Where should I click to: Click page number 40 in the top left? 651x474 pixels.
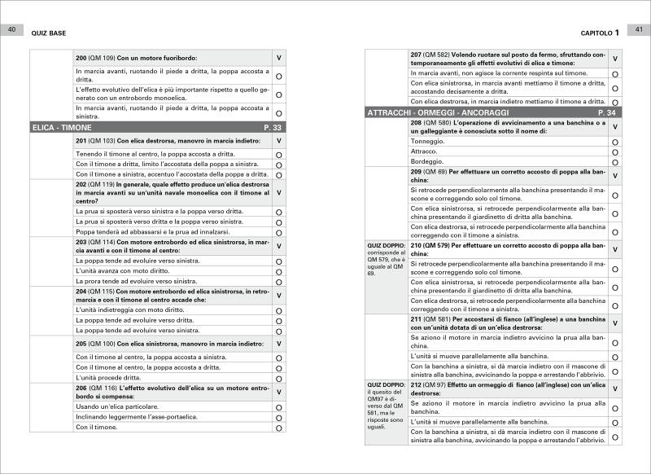[x=11, y=30]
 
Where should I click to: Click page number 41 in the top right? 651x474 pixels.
[x=639, y=30]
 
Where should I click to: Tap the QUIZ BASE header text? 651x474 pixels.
[x=48, y=33]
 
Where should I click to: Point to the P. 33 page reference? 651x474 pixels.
[x=273, y=128]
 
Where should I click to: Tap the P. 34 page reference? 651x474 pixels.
[x=606, y=112]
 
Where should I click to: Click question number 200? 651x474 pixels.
[x=81, y=58]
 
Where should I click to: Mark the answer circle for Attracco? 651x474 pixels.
[x=614, y=151]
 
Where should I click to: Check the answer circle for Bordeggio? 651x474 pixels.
[x=614, y=161]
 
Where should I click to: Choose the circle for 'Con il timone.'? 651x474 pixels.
[x=279, y=428]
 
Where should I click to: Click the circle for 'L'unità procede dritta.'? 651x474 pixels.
[x=279, y=379]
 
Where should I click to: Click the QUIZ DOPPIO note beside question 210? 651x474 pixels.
[x=386, y=260]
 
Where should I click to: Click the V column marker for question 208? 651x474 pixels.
[x=614, y=126]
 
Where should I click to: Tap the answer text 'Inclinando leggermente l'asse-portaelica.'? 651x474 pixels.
[x=138, y=417]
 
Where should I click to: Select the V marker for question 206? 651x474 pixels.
[x=279, y=392]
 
